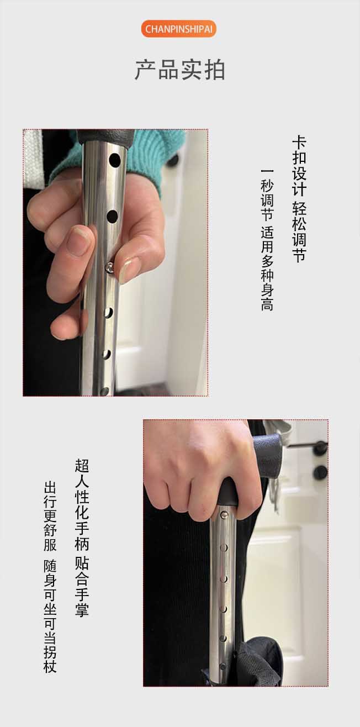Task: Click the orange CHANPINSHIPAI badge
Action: tap(178, 29)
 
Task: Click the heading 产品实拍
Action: tap(180, 70)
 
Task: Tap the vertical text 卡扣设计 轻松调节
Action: tap(299, 199)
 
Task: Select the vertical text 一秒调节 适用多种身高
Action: tap(267, 240)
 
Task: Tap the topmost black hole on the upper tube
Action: tap(115, 160)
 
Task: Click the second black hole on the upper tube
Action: tap(112, 217)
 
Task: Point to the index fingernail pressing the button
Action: tap(128, 271)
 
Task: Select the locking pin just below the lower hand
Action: tap(224, 514)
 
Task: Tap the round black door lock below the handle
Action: tap(320, 472)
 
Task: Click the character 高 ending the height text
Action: tap(267, 305)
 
